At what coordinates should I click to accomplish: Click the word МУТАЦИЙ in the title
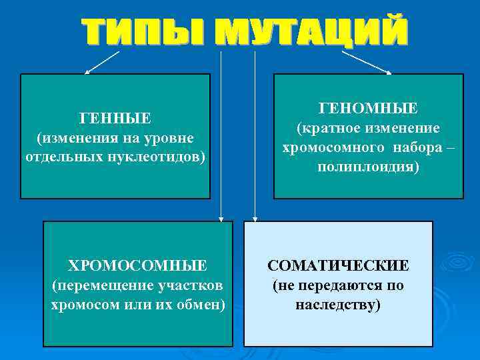pyautogui.click(x=314, y=32)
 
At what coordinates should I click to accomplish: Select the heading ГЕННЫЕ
pyautogui.click(x=115, y=119)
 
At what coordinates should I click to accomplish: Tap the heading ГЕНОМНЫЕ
pyautogui.click(x=368, y=108)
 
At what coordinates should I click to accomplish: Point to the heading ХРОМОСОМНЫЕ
pyautogui.click(x=138, y=266)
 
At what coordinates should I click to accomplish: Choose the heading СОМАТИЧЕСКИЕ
pyautogui.click(x=338, y=266)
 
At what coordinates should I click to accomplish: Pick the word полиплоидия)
pyautogui.click(x=368, y=167)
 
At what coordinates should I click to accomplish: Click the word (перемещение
pyautogui.click(x=93, y=285)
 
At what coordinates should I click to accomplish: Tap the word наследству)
pyautogui.click(x=338, y=305)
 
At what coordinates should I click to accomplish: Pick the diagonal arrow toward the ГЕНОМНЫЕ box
pyautogui.click(x=365, y=61)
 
